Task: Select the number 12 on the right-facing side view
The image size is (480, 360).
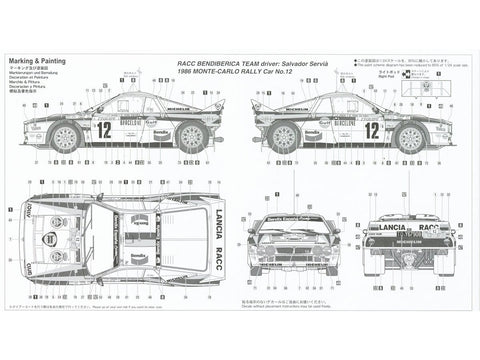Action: coord(370,129)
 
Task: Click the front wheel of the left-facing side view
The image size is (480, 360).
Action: coord(66,138)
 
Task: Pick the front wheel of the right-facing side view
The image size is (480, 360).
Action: coord(411,138)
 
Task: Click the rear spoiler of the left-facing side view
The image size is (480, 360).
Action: coord(205,96)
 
